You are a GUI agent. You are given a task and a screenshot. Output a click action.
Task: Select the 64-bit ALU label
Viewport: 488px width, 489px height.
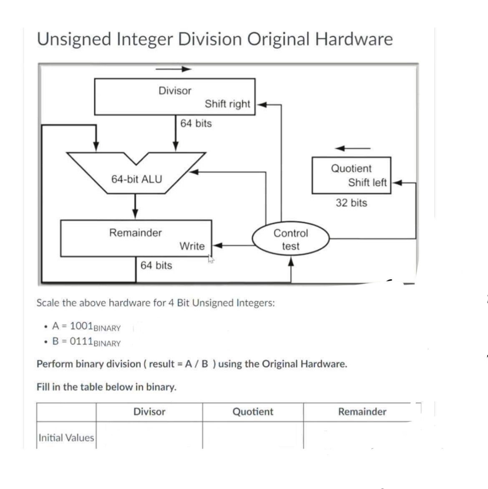tap(136, 179)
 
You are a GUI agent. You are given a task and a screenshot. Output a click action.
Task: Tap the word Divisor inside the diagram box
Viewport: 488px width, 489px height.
tap(175, 91)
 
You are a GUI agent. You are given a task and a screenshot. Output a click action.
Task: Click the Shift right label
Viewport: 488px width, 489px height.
tap(227, 104)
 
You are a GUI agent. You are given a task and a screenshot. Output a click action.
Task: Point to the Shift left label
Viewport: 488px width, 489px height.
tap(367, 182)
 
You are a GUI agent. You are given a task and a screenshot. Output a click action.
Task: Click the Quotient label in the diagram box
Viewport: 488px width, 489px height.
tap(351, 169)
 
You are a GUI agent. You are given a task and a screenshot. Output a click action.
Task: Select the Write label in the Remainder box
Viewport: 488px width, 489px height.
tap(192, 246)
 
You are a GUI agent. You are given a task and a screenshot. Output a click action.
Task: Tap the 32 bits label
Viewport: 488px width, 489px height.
tap(352, 203)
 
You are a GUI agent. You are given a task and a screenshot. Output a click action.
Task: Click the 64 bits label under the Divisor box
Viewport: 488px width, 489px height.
tap(196, 124)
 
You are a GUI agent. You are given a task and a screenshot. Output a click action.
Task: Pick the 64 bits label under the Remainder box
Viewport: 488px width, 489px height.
tap(156, 265)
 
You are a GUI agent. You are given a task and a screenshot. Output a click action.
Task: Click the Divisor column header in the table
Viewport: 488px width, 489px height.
tap(149, 412)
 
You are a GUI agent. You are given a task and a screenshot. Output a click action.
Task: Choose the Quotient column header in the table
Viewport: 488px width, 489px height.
tap(253, 412)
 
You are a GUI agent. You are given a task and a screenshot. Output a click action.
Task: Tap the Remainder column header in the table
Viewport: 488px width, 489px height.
tap(362, 412)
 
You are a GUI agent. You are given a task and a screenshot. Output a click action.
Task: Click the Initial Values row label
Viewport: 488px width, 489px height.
tap(66, 438)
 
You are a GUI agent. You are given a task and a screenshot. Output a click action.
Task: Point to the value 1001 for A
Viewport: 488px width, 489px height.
tap(81, 326)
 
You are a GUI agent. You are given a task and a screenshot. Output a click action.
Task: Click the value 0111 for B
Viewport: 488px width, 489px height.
tap(81, 341)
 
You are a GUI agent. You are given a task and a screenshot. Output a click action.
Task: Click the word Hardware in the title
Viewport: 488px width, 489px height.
tap(354, 39)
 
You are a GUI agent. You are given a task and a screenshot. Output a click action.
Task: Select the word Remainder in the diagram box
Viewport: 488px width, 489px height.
tap(136, 232)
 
